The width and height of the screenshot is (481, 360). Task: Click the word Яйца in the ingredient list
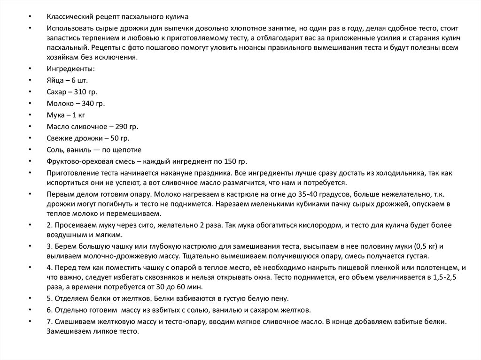click(x=54, y=80)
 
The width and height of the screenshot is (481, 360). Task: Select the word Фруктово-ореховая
click(x=76, y=161)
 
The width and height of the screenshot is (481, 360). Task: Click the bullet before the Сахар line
click(x=30, y=92)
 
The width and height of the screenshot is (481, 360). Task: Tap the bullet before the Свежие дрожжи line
click(x=30, y=138)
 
